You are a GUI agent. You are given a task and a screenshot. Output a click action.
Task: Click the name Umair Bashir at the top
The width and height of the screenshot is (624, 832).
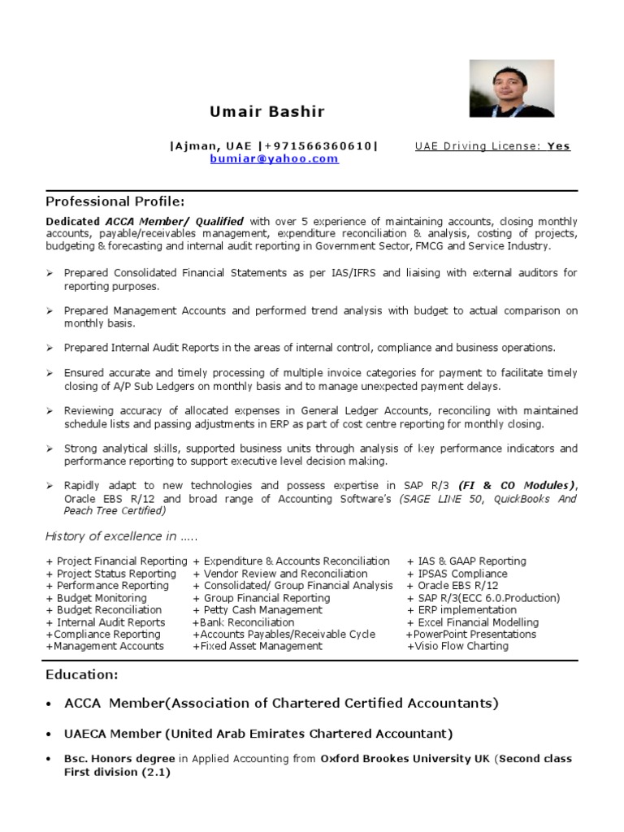pos(267,111)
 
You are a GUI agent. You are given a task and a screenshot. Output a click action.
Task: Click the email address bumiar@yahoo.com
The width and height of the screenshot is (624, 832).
pos(274,158)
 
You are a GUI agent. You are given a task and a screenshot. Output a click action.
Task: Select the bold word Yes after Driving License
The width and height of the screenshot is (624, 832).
pos(558,146)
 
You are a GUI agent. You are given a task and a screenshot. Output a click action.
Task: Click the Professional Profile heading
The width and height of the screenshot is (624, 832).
pos(115,201)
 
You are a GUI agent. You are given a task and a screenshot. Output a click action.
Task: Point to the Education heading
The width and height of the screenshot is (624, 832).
pos(82,674)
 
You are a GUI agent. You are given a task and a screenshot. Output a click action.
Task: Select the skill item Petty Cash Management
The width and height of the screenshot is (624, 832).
pos(257,609)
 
